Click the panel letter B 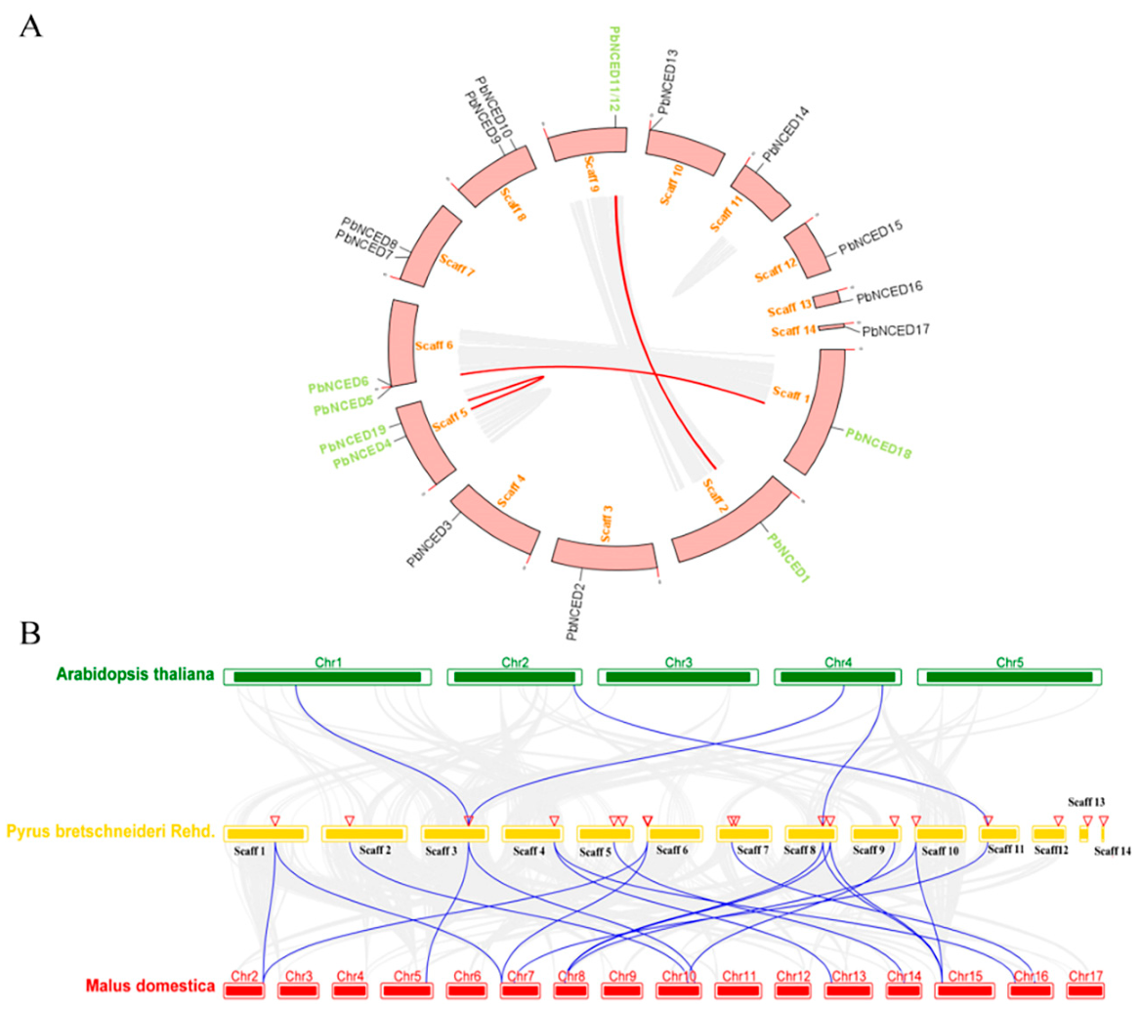coord(31,633)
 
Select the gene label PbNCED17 coord(896,331)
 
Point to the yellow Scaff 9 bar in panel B coord(875,834)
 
